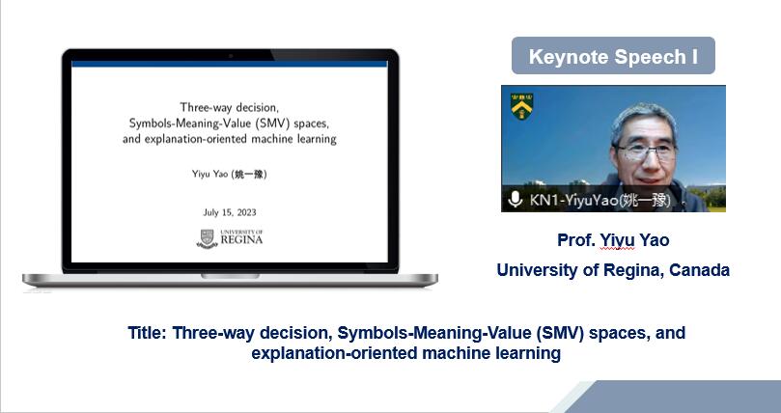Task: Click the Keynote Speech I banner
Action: coord(613,56)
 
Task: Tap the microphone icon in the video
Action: coord(515,200)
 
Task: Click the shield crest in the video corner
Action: coord(521,106)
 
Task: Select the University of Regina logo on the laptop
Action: coord(230,238)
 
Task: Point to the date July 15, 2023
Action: coord(230,212)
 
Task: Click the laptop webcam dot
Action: coord(231,56)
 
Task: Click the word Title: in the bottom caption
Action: coord(147,332)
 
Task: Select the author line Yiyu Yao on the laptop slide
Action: coord(230,174)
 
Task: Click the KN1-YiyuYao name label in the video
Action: coord(600,200)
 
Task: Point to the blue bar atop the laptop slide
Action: coord(229,64)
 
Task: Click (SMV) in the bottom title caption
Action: coord(560,332)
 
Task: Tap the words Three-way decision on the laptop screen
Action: coord(229,107)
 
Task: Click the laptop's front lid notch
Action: coord(230,276)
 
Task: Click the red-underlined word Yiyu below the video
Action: coord(617,240)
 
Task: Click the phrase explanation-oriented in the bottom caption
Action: coord(334,353)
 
